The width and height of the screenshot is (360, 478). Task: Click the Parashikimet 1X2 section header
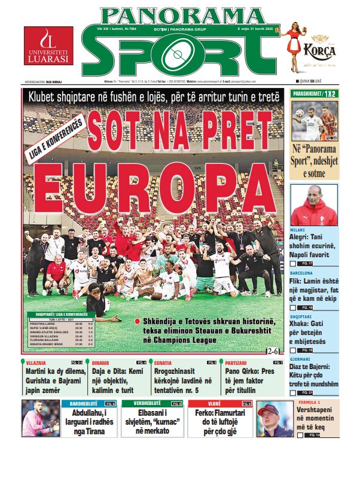click(314, 94)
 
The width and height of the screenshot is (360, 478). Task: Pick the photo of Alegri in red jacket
click(313, 205)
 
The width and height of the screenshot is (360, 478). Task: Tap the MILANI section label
click(298, 229)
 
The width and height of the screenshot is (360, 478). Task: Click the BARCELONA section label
click(303, 272)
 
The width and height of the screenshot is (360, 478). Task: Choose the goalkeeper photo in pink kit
click(40, 419)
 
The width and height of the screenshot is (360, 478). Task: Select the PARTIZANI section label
click(235, 363)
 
